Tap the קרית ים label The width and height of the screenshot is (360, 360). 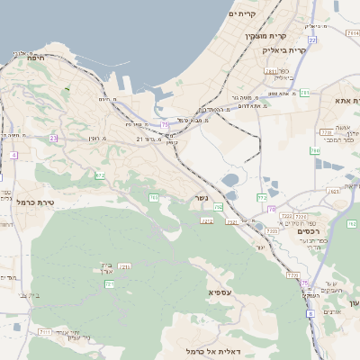(244, 14)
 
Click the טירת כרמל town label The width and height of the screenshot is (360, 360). (35, 202)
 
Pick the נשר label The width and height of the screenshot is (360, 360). (202, 199)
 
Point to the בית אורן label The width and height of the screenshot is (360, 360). (103, 267)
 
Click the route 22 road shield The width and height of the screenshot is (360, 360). (311, 40)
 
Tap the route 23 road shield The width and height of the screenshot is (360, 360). (53, 138)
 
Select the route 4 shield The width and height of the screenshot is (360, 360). (13, 156)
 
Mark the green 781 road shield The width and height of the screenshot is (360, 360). (306, 93)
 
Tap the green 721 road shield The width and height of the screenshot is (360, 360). (110, 284)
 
